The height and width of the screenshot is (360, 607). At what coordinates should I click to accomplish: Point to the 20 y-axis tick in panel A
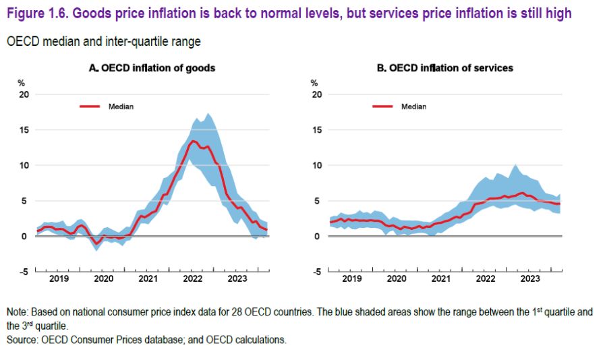(24, 94)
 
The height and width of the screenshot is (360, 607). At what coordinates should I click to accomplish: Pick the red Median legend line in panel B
(383, 106)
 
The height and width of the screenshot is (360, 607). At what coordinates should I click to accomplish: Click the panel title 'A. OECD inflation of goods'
(152, 68)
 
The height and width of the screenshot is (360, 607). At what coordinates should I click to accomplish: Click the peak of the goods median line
(193, 141)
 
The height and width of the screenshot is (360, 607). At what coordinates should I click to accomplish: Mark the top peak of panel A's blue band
(208, 113)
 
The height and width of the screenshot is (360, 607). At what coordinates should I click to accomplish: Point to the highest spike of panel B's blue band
(516, 164)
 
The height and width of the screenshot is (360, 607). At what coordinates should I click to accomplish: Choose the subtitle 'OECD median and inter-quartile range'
(104, 42)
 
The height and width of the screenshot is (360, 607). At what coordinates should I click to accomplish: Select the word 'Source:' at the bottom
(22, 340)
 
